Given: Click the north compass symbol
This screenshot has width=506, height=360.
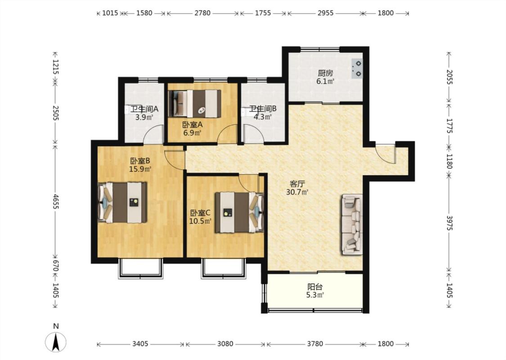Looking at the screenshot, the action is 56,342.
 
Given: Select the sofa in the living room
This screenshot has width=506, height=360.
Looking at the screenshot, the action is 352,224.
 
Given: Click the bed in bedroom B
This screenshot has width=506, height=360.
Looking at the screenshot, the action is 123,202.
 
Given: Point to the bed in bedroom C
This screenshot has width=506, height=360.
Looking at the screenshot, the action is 240,212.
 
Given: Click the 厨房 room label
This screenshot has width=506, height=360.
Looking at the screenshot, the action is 325,73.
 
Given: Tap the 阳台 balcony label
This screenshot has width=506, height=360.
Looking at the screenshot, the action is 315,287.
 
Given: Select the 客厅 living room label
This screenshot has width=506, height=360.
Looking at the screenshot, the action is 297,184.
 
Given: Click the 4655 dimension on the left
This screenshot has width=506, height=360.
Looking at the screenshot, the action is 55,202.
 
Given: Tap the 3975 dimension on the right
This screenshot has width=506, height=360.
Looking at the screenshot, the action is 449,222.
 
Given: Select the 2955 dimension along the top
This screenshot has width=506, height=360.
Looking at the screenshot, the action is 325,13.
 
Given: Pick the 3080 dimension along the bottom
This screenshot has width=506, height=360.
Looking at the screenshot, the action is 225,344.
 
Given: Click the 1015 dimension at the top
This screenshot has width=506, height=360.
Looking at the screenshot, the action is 110,13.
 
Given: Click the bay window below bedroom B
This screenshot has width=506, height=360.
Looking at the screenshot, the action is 140,268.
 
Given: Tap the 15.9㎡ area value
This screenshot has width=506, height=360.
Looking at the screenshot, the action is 140,169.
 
